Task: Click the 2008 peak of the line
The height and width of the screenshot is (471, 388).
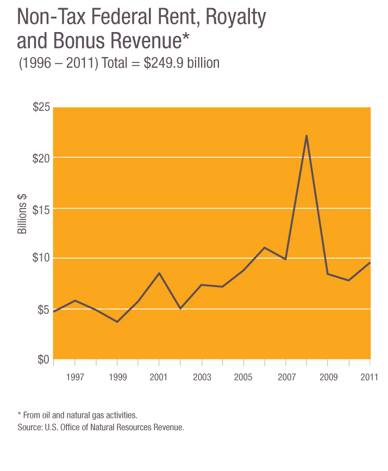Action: [306, 136]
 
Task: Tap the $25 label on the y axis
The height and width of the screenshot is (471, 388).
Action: [41, 108]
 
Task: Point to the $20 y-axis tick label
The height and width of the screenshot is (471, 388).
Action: [41, 158]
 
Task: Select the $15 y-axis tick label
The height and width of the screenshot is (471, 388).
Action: [41, 209]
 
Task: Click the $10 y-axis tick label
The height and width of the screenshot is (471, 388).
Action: [41, 258]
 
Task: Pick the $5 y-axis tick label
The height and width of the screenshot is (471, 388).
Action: [43, 309]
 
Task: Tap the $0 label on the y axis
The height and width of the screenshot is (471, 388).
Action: [43, 360]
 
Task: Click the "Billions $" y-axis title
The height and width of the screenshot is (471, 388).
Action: [22, 213]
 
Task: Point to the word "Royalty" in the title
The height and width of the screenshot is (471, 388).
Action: [234, 20]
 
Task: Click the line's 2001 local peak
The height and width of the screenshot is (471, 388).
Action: [159, 273]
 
